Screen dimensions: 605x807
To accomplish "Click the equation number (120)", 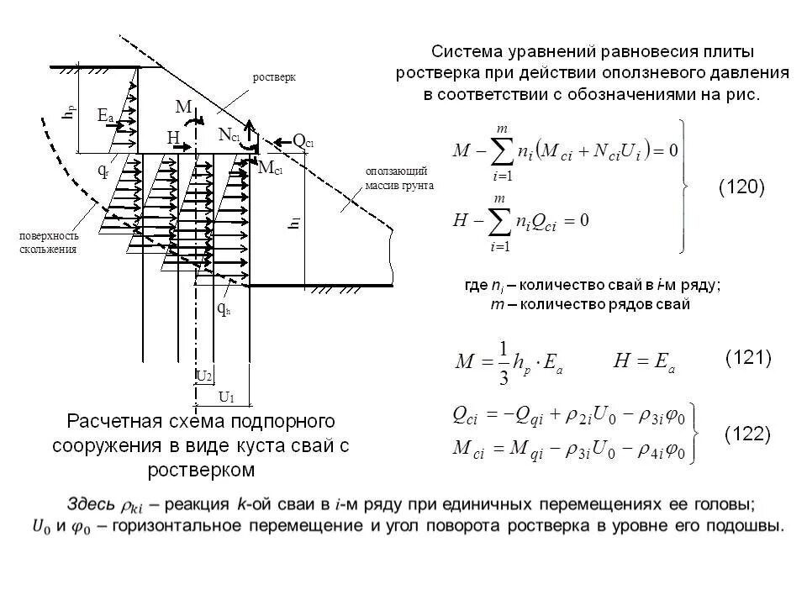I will [x=741, y=187].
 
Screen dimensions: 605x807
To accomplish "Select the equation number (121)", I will [x=748, y=358].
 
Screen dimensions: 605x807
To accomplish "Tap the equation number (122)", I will [x=748, y=434].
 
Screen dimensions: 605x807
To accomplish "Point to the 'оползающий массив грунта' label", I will [x=399, y=178].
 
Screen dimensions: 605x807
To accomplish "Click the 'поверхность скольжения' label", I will [x=49, y=242].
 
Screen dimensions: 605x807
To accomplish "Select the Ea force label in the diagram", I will [x=106, y=116].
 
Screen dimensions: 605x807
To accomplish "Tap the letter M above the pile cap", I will [x=183, y=107].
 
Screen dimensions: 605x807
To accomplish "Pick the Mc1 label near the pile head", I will [x=270, y=168].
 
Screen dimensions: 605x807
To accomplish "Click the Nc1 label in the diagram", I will [x=229, y=134].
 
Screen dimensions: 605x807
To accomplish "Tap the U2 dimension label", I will [x=203, y=376].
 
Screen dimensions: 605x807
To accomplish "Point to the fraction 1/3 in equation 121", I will [x=504, y=363].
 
